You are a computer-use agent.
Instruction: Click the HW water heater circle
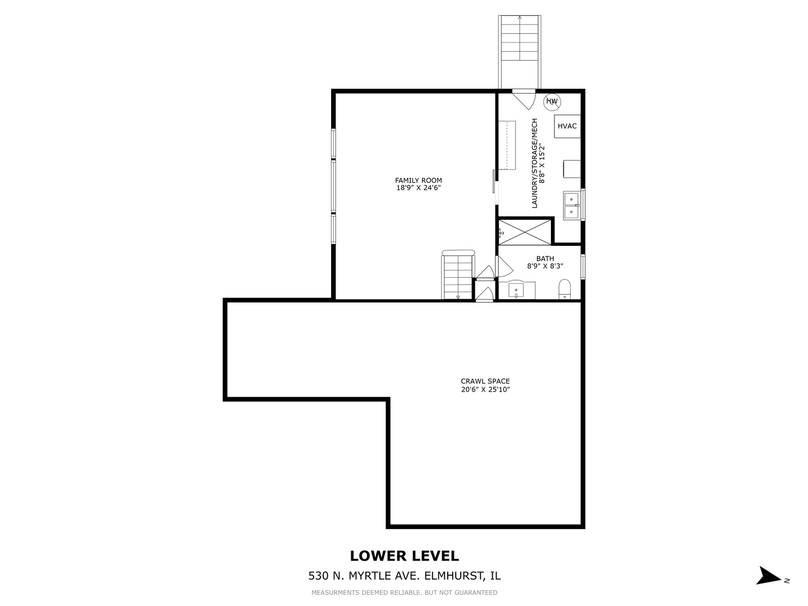tap(552, 102)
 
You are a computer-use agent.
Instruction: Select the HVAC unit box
tap(567, 126)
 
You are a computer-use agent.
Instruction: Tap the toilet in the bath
tap(564, 290)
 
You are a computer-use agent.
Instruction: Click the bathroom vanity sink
tap(516, 291)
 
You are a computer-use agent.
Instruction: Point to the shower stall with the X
tap(525, 232)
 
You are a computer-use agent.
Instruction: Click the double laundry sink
tap(572, 205)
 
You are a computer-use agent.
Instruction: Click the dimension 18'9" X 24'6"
tap(418, 189)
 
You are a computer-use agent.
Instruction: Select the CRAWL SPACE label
tap(485, 381)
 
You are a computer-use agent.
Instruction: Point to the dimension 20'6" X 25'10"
tap(485, 389)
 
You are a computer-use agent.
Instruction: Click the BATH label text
tap(545, 259)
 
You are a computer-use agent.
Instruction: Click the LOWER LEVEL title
tap(404, 555)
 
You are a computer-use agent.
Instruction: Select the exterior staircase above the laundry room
tap(520, 50)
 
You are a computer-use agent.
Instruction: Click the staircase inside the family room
tap(458, 276)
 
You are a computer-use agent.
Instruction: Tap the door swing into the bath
tap(502, 266)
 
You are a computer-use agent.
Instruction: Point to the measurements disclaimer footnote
tap(404, 593)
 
